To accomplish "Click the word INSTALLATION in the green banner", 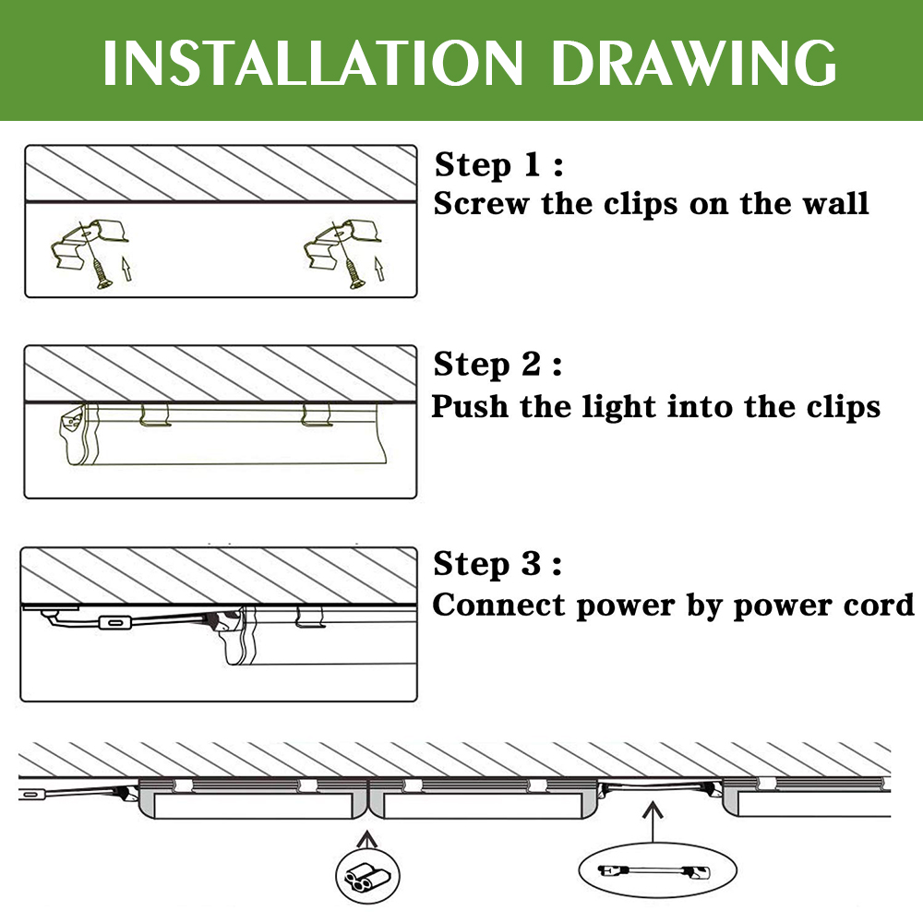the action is [x=313, y=63].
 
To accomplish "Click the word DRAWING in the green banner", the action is [x=693, y=63].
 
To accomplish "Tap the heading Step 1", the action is [x=498, y=165].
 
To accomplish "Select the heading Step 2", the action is [x=497, y=365].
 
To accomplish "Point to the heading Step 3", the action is [x=497, y=565].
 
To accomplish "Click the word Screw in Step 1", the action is [x=481, y=204].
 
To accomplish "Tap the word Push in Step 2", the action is [x=470, y=407].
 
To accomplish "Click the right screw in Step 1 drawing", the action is [x=355, y=275].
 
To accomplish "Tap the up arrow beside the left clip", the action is [x=126, y=269].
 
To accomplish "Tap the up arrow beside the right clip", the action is [x=379, y=269].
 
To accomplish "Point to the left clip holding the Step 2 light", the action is [x=155, y=415].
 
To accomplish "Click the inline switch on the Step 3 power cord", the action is [x=114, y=622].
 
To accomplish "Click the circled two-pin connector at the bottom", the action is [x=367, y=878].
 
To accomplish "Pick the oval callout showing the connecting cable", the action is [x=657, y=870].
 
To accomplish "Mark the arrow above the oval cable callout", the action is [x=653, y=821].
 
